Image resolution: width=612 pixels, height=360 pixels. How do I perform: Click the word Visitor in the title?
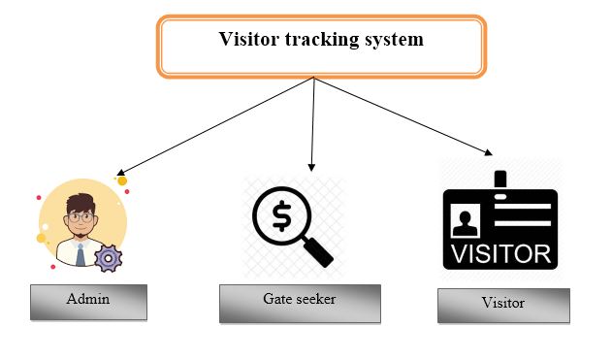pos(244,40)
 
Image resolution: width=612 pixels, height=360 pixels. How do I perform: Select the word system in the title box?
pos(392,40)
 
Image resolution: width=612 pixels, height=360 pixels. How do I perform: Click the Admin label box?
pos(88,302)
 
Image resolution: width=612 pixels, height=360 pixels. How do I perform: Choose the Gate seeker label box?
pos(300,303)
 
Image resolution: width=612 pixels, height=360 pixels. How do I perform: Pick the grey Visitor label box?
pos(502,305)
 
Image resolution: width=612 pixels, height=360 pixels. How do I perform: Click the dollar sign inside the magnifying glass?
pos(280,216)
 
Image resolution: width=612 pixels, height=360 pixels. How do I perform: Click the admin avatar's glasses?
pos(81,218)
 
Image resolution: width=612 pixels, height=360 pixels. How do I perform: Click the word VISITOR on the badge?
pos(499,254)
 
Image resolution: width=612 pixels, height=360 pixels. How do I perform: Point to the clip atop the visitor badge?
pos(500,180)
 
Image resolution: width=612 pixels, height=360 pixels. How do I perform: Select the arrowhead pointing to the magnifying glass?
pos(311,167)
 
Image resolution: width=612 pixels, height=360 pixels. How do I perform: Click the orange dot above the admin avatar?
pos(122,180)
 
